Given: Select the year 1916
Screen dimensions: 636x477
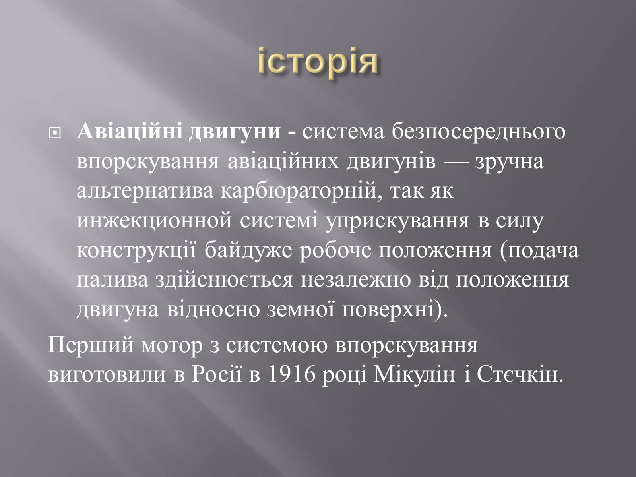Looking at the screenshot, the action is point(292,375).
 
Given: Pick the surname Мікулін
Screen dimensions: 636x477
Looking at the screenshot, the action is point(415,375).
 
